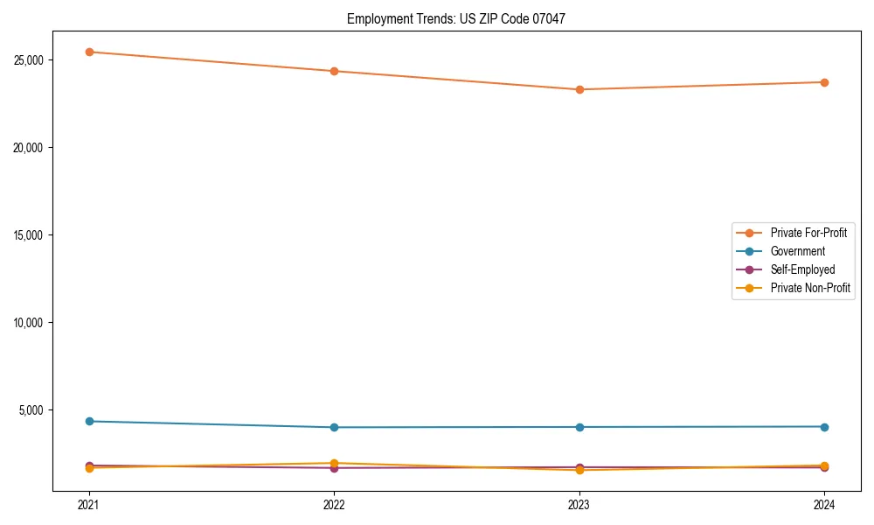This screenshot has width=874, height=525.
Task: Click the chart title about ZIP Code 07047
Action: click(x=455, y=18)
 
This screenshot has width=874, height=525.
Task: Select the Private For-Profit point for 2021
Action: click(x=89, y=52)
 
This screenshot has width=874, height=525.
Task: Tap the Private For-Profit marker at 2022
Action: click(x=334, y=71)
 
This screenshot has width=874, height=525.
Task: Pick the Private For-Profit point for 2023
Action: click(x=579, y=89)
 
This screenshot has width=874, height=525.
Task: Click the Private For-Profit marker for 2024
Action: click(x=824, y=82)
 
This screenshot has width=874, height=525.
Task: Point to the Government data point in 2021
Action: click(x=89, y=421)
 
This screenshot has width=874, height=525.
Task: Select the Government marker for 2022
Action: click(x=334, y=427)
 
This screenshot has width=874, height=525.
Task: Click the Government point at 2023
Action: click(x=579, y=427)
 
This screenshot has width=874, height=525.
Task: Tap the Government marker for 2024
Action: click(x=824, y=426)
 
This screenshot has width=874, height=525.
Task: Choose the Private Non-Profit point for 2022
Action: click(x=334, y=463)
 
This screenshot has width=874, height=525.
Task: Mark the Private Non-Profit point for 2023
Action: click(x=579, y=471)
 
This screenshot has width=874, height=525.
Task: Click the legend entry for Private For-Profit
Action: click(x=808, y=233)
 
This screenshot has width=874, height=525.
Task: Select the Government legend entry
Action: click(x=797, y=251)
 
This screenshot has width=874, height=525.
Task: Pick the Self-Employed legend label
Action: click(x=802, y=269)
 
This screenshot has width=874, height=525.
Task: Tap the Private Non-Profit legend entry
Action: click(x=810, y=288)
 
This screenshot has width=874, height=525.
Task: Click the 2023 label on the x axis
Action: click(x=579, y=505)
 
